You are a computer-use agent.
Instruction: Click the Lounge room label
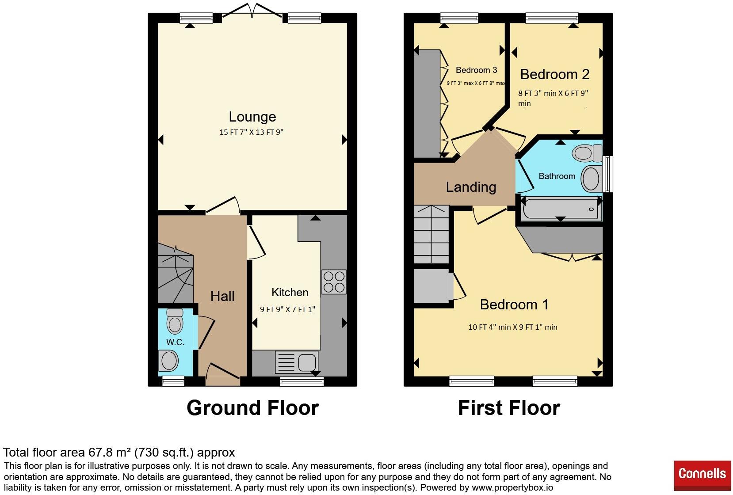tap(252, 117)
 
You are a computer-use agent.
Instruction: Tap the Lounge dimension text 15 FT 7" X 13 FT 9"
tap(251, 132)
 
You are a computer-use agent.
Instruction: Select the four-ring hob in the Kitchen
tap(334, 282)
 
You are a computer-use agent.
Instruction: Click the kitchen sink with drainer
tap(297, 362)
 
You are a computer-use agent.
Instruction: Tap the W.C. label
tap(175, 342)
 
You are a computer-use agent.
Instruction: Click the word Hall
tap(222, 296)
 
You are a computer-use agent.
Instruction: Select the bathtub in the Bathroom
tap(561, 209)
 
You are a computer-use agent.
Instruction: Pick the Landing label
tap(471, 187)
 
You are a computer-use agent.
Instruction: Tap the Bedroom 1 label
tap(514, 305)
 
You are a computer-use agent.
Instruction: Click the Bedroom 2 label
tap(555, 74)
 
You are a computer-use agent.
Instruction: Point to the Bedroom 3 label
tap(476, 70)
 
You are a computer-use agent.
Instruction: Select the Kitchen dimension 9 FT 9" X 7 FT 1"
tap(287, 309)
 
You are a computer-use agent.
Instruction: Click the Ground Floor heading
tap(252, 408)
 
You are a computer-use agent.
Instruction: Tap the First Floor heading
tap(509, 408)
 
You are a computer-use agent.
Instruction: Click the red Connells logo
tap(702, 476)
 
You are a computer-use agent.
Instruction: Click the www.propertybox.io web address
tap(512, 487)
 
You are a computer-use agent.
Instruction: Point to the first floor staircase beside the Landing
tap(431, 234)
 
